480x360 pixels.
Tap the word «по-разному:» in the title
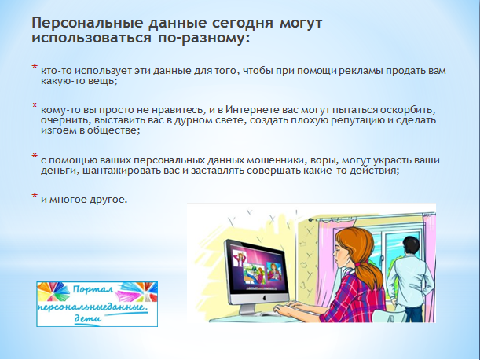[x=203, y=39]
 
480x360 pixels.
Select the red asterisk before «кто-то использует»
[x=35, y=67]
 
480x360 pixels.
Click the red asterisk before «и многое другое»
[x=35, y=195]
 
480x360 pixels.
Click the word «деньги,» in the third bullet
[x=60, y=171]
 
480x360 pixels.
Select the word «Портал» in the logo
[x=93, y=288]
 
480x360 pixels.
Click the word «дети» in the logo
[x=88, y=318]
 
